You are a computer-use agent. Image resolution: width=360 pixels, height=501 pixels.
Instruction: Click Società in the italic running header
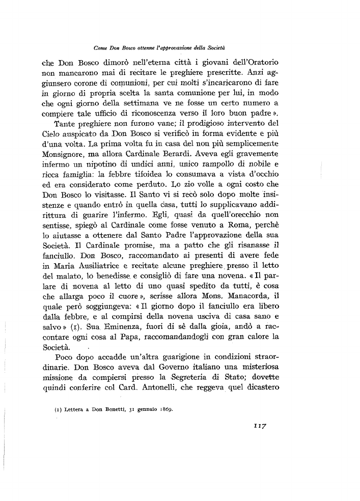point(216,48)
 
